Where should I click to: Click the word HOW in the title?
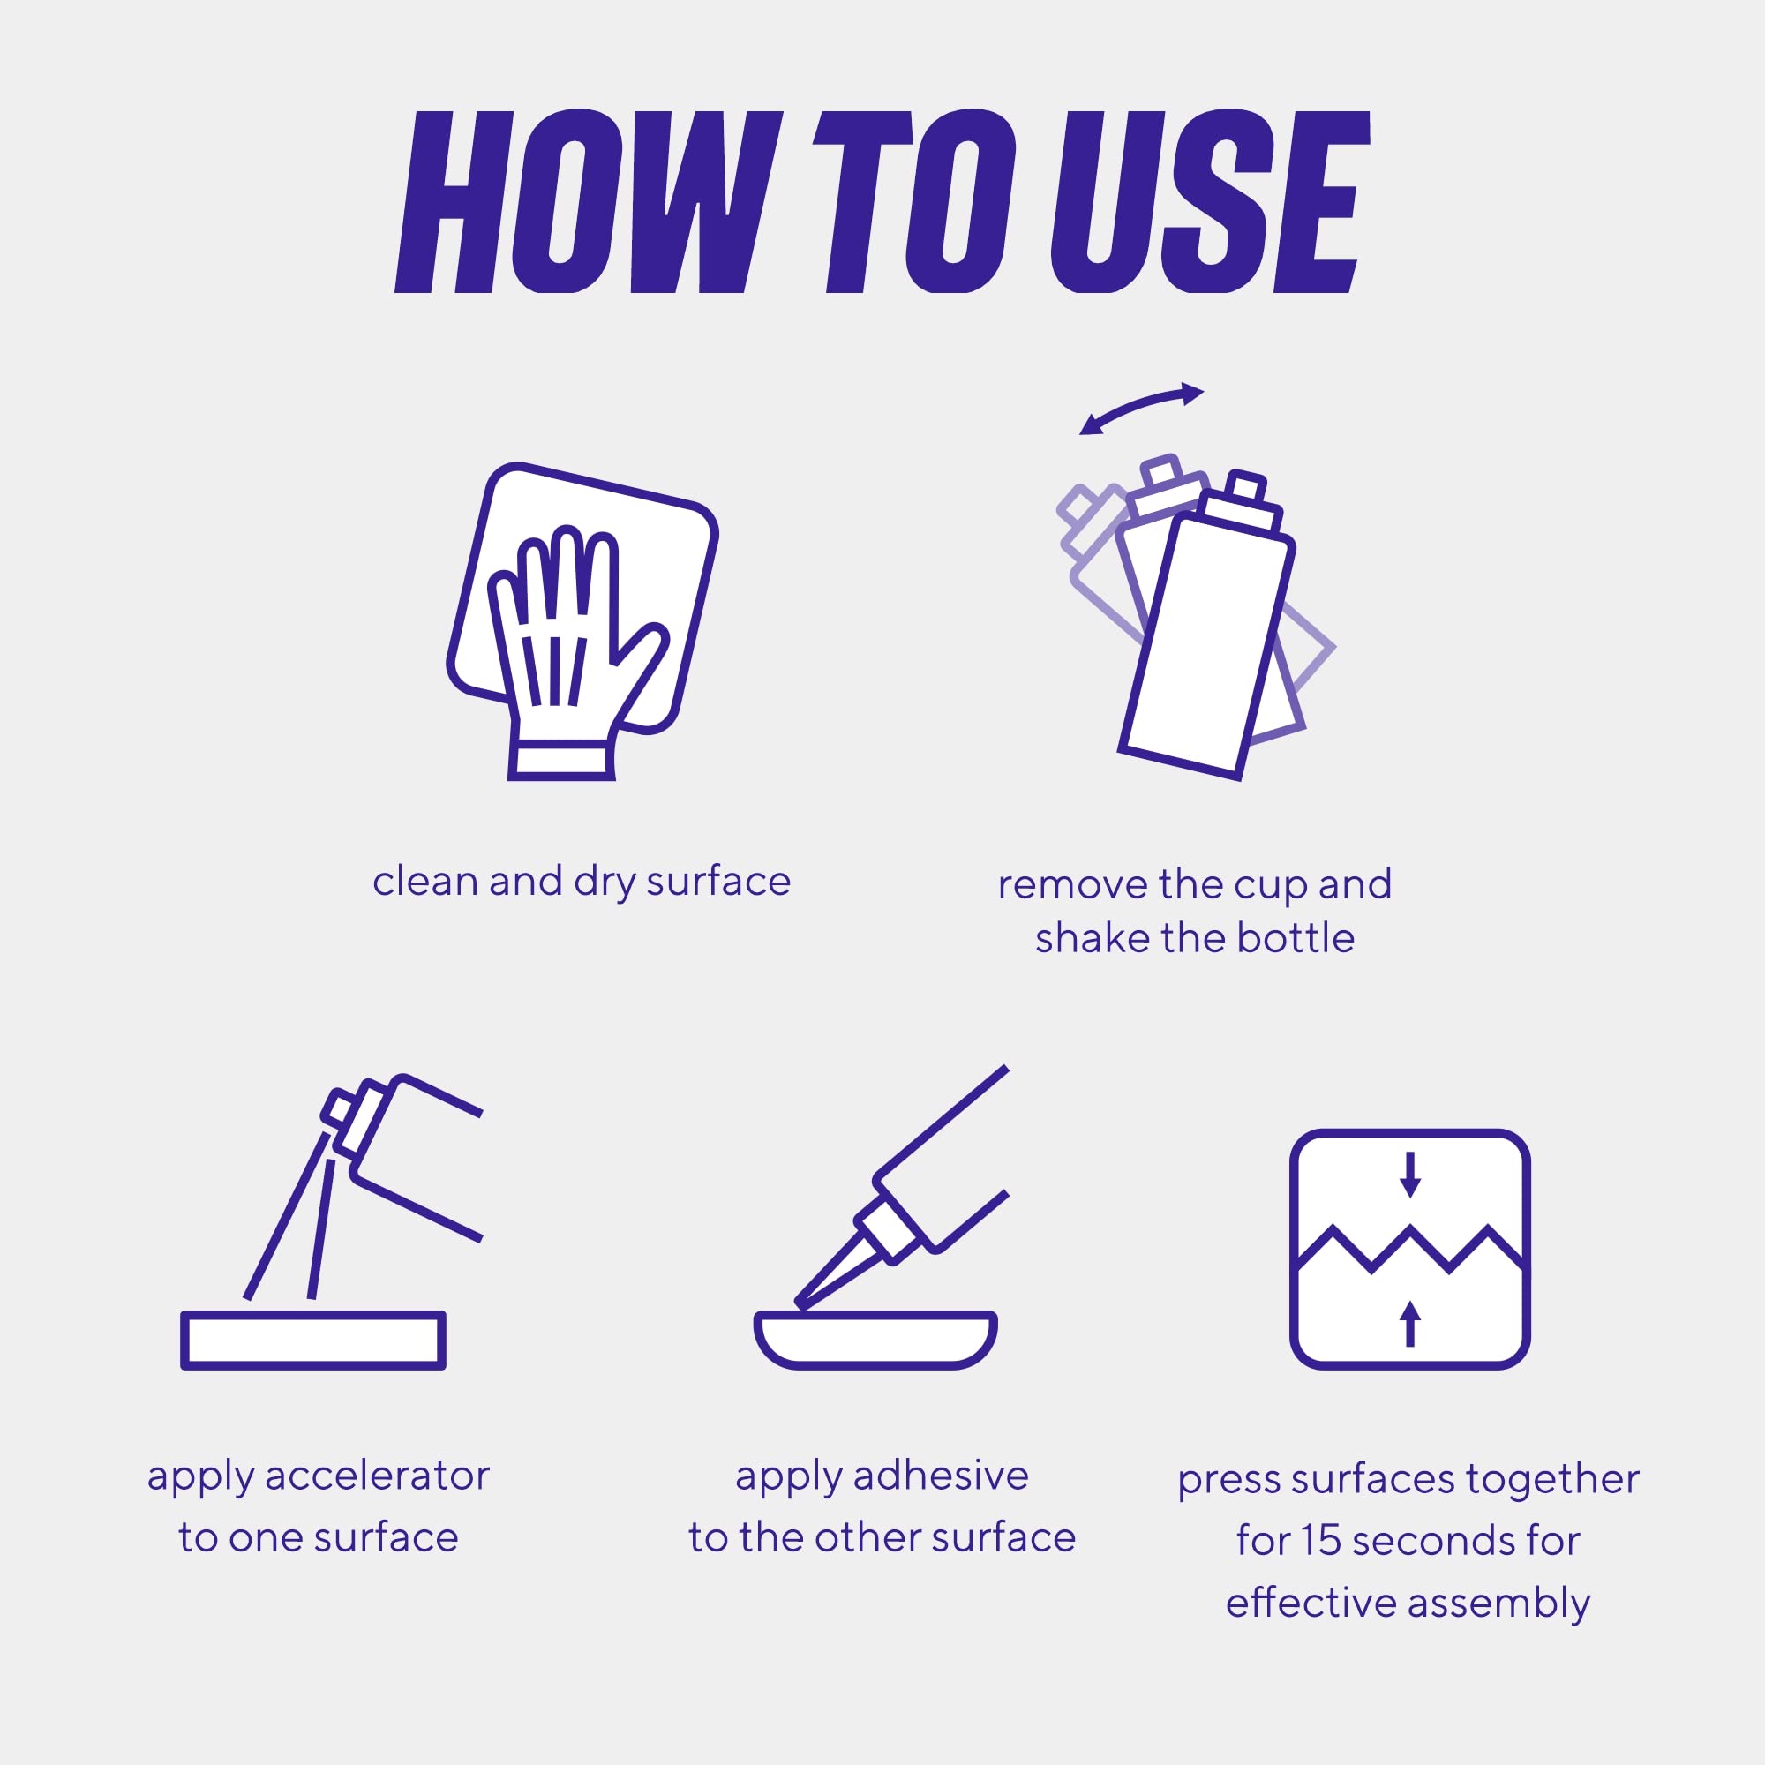(x=589, y=202)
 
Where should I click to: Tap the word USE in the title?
(x=1211, y=202)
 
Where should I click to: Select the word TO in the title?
(x=913, y=202)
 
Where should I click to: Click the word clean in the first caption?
(x=425, y=882)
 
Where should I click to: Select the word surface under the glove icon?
(x=718, y=882)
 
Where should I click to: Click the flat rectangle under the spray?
(x=313, y=1341)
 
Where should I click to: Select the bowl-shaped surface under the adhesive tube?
(x=875, y=1340)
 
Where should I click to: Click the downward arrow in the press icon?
(x=1410, y=1174)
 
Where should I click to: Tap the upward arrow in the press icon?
(x=1410, y=1324)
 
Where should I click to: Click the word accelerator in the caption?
(x=378, y=1476)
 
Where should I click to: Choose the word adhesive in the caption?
(x=941, y=1476)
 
